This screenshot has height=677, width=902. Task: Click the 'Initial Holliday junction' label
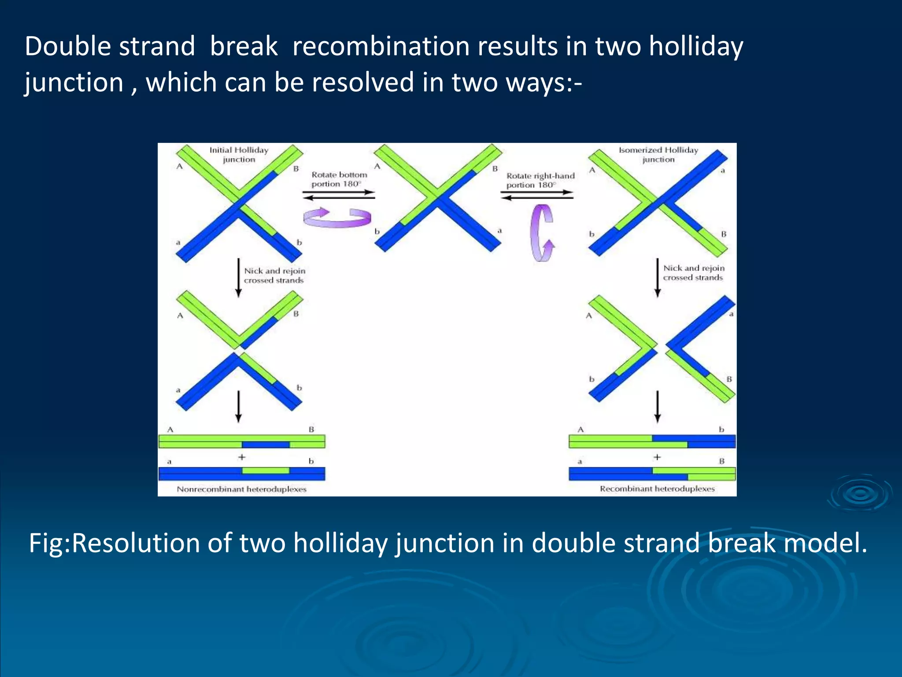(239, 155)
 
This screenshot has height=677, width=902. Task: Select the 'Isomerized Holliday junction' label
(658, 155)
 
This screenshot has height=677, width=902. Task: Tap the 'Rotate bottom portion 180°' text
(339, 179)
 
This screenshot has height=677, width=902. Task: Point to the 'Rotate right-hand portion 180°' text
(540, 180)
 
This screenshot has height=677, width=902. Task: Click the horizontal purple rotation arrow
(337, 218)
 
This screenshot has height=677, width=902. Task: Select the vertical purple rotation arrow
(542, 233)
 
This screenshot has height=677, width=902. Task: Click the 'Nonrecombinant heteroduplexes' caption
(241, 489)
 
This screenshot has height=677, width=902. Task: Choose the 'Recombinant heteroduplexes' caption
(657, 488)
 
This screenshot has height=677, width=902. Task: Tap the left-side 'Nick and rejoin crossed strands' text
(274, 275)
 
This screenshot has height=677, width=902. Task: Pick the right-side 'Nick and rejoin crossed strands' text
(694, 273)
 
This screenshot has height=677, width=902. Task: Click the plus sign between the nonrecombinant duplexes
(241, 457)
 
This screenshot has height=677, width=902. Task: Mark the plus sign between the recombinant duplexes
(657, 457)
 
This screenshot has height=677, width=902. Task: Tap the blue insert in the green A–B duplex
(266, 445)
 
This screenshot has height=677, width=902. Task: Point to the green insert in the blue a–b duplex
(266, 471)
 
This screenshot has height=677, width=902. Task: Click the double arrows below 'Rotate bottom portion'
(339, 195)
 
